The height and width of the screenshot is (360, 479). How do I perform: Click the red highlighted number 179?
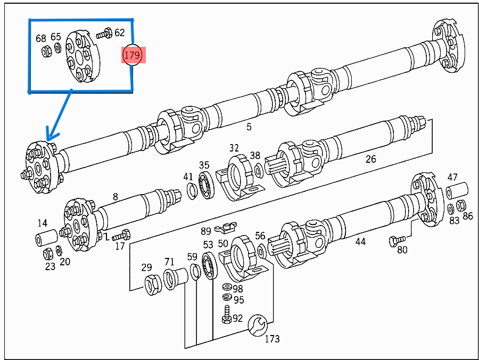tap(133, 54)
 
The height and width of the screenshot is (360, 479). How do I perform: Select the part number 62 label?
tap(119, 32)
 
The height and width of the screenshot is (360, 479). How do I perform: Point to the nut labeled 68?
tap(46, 52)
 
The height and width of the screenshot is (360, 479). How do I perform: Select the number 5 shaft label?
tap(249, 127)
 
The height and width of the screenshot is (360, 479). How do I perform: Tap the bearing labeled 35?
tap(206, 184)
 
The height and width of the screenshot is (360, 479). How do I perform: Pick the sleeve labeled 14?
tap(46, 239)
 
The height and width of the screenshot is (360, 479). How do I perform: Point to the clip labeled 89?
tap(226, 229)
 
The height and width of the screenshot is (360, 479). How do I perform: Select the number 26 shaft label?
tap(370, 158)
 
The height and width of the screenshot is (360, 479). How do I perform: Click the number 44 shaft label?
tap(360, 241)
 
